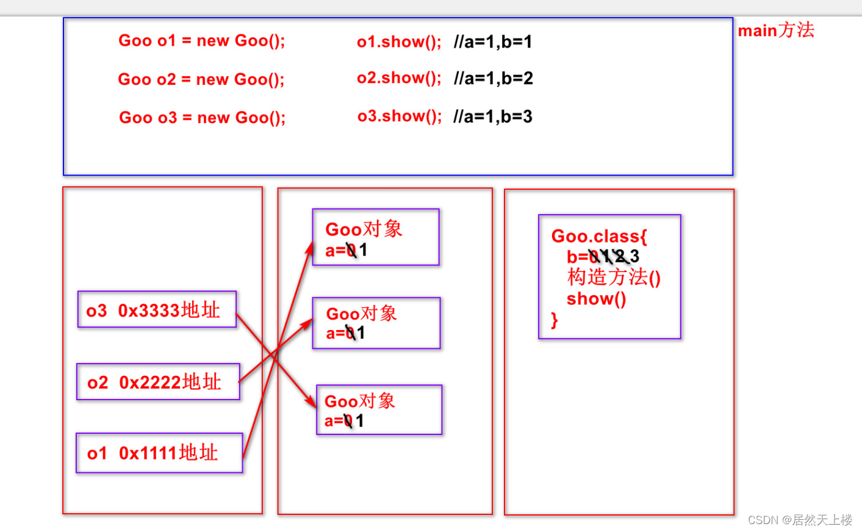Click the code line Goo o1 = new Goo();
point(201,41)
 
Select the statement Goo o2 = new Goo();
point(201,79)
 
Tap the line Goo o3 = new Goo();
point(202,117)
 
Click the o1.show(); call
point(399,41)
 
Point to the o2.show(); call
point(399,78)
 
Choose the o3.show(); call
point(400,116)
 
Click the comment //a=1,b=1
point(493,41)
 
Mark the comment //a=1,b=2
point(494,78)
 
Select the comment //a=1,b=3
point(493,117)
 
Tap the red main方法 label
point(776,30)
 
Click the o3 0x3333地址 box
point(157,309)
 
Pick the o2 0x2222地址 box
point(158,382)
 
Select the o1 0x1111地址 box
point(159,453)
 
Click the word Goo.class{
point(599,236)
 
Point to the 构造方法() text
point(614,278)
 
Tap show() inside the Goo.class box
point(596,299)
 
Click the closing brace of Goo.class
point(554,320)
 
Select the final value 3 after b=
point(634,256)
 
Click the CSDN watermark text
point(800,520)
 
